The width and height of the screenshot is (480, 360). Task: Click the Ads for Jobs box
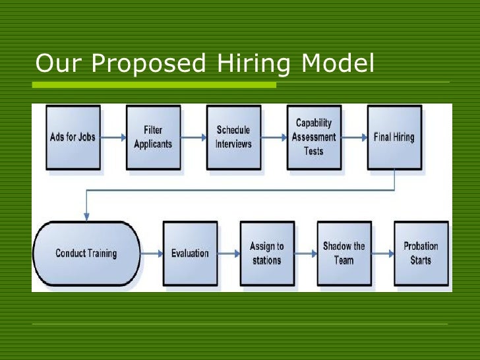73,137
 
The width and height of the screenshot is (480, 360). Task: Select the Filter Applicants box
153,137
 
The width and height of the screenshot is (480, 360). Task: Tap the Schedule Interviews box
233,137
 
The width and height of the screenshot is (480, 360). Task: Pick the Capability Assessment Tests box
314,137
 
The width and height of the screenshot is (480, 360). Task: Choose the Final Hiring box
394,137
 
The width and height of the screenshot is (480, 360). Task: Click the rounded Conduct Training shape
86,253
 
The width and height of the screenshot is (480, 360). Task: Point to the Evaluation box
190,253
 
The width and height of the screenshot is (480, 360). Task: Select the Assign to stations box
266,253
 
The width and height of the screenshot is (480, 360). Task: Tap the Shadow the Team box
344,253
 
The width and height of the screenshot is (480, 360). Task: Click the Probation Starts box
421,253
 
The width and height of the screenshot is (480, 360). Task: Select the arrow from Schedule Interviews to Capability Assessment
274,138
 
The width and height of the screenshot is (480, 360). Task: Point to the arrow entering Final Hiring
354,138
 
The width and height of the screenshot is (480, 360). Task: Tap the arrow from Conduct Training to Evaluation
152,253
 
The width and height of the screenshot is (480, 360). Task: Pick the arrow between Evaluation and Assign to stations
228,253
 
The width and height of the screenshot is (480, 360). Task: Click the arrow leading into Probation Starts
382,253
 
